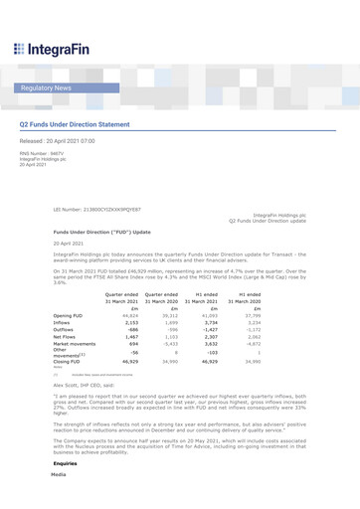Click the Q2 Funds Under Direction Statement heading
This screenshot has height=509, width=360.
click(89, 125)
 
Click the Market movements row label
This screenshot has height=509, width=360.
click(75, 347)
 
